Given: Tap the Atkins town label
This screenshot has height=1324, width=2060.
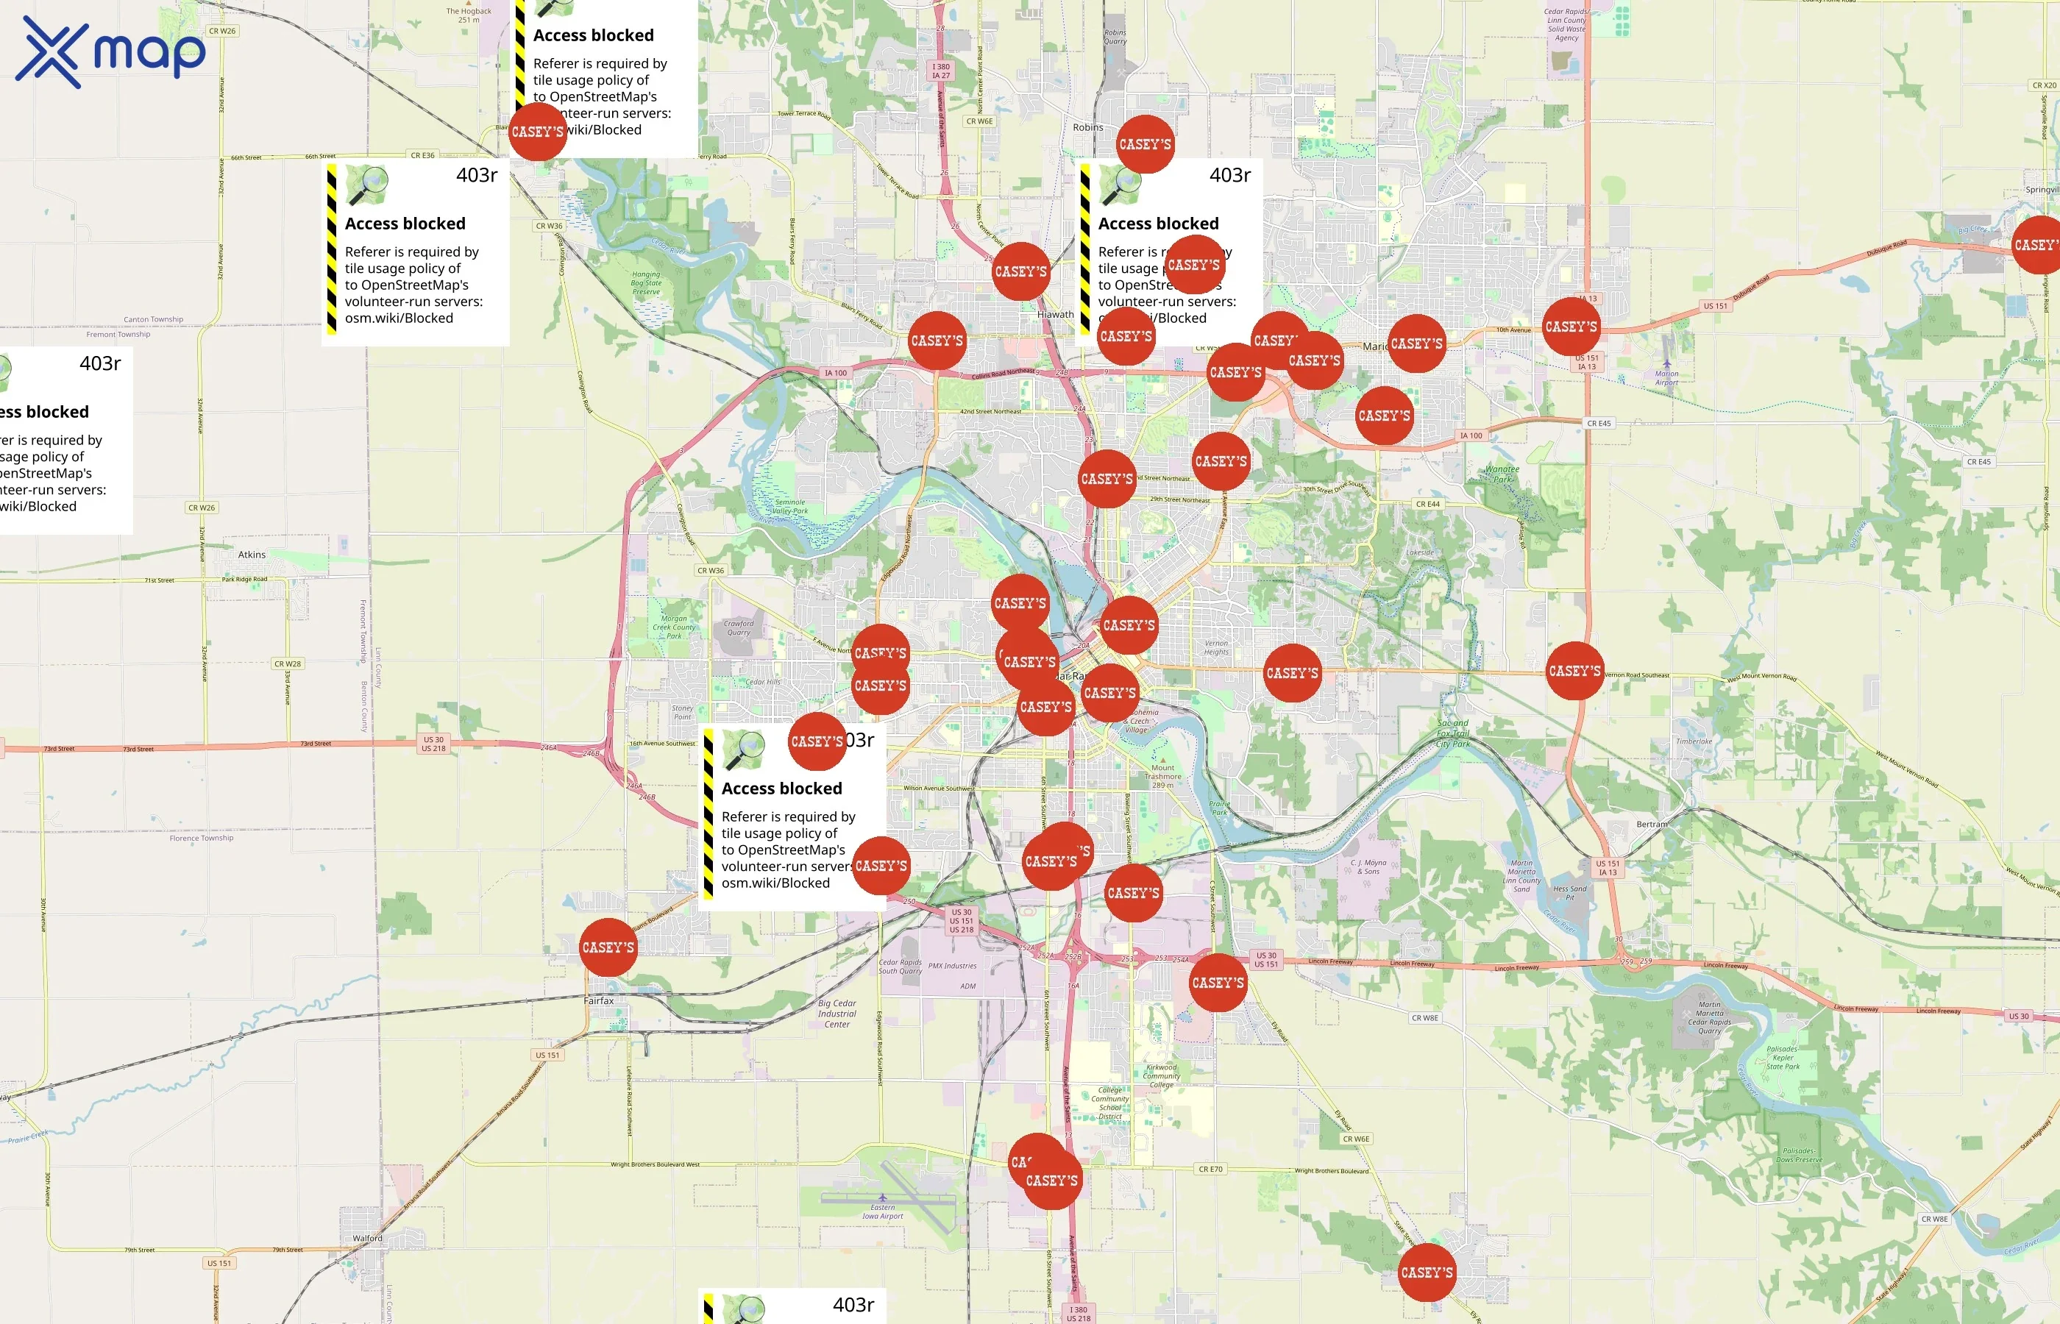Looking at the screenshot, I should pos(251,555).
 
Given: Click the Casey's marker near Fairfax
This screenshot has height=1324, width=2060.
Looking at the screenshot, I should pos(608,947).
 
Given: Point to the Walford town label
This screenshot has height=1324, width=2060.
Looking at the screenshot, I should pos(367,1238).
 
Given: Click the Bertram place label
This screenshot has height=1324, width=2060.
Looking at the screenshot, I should pos(1652,825).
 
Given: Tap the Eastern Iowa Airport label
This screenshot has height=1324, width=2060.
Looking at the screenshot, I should pos(883,1211).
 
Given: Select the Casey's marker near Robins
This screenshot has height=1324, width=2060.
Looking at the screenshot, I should pos(1144,144).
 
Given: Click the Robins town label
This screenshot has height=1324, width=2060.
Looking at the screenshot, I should pos(1087,127).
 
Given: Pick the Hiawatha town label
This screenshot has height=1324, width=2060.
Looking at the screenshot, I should pos(1055,315).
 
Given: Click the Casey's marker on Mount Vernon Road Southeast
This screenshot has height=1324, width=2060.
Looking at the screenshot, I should pos(1574,671).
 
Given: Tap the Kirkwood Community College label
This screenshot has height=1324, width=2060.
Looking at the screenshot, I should pos(1162,1075).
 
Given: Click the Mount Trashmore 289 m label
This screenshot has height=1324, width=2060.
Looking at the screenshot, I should pos(1162,775).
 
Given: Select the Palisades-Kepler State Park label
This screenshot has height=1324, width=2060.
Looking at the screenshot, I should pos(1783,1058).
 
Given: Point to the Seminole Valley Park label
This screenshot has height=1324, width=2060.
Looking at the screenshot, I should pos(790,506).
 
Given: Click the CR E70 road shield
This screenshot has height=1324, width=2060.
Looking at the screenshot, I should pos(1210,1170).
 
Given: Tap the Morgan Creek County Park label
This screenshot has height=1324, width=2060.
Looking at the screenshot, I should pos(673,627).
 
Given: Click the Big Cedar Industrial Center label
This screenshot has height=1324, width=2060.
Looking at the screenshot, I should pos(837,1014).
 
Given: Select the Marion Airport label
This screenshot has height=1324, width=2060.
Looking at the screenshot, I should pos(1666,377).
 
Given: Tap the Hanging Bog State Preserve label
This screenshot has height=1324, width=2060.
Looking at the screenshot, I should pos(646,283).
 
